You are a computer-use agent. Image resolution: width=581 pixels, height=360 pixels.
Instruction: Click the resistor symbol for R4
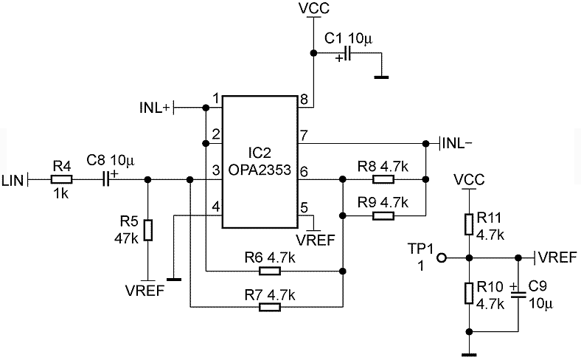pyautogui.click(x=61, y=180)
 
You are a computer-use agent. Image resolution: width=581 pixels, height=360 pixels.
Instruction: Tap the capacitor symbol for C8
pyautogui.click(x=106, y=179)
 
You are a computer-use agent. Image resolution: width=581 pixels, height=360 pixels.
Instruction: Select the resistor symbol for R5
pyautogui.click(x=148, y=230)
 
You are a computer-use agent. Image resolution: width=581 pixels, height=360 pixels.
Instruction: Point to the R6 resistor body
pyautogui.click(x=269, y=271)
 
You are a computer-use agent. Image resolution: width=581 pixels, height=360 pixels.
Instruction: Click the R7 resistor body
pyautogui.click(x=269, y=307)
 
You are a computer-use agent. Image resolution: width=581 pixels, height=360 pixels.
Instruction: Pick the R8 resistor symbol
pyautogui.click(x=383, y=180)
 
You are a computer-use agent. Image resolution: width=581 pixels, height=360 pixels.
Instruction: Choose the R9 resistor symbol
pyautogui.click(x=383, y=215)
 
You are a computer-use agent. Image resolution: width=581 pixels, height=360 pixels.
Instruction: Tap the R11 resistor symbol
pyautogui.click(x=469, y=224)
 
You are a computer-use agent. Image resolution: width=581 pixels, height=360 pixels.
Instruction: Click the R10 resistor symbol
pyautogui.click(x=469, y=293)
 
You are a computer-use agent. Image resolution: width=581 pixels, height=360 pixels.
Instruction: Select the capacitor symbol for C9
pyautogui.click(x=518, y=295)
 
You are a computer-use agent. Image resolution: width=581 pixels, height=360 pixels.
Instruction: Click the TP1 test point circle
pyautogui.click(x=442, y=257)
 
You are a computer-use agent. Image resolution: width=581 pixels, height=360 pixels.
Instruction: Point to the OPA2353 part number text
pyautogui.click(x=260, y=170)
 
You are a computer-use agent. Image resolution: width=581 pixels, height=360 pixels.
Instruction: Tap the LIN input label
pyautogui.click(x=13, y=181)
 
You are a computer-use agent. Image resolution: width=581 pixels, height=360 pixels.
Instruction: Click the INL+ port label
pyautogui.click(x=155, y=108)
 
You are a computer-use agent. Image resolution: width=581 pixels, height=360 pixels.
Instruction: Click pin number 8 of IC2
pyautogui.click(x=304, y=100)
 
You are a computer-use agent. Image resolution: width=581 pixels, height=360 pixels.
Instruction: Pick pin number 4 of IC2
pyautogui.click(x=215, y=206)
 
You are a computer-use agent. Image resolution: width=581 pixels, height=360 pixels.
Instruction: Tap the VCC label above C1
pyautogui.click(x=314, y=9)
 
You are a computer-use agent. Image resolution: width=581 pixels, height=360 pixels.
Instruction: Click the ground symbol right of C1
pyautogui.click(x=381, y=77)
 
